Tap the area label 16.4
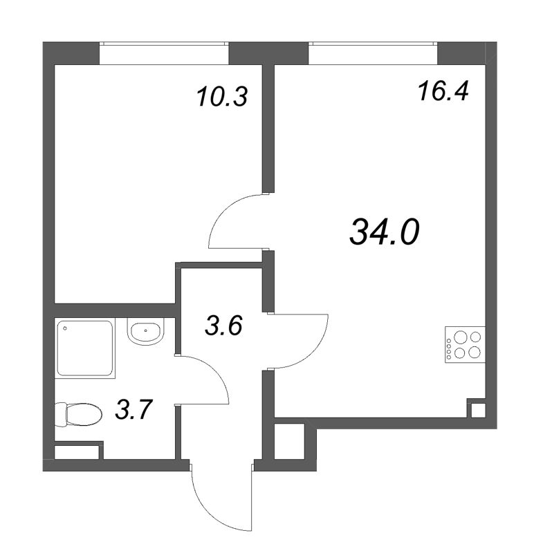(x=443, y=91)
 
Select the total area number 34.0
(x=385, y=232)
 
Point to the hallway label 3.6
(x=223, y=325)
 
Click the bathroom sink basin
(x=145, y=332)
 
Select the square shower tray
(x=84, y=348)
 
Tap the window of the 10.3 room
(x=164, y=52)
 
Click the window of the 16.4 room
(x=374, y=52)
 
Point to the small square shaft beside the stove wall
(x=477, y=409)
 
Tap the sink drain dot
(x=147, y=330)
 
